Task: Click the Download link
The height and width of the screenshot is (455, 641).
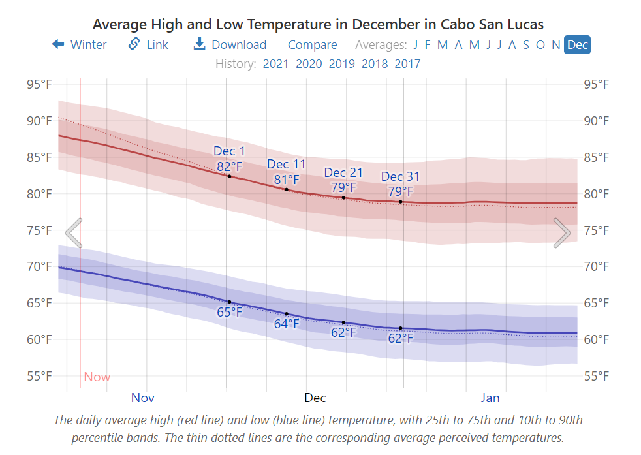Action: (230, 44)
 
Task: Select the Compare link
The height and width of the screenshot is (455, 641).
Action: (312, 44)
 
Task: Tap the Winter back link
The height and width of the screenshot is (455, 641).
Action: (79, 44)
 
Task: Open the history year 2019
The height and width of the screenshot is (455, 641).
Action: (341, 63)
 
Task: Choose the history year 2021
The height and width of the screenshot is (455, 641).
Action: (275, 63)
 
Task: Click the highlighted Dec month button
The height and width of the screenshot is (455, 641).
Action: (577, 44)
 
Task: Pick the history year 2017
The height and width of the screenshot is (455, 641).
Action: (407, 63)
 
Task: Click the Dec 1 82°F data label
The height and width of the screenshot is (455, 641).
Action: (229, 159)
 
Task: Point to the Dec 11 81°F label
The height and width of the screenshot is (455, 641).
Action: (286, 172)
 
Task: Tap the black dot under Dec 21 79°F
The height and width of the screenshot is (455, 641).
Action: (344, 197)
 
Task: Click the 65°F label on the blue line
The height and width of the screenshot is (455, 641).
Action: (229, 312)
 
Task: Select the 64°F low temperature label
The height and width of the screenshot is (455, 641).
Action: (286, 324)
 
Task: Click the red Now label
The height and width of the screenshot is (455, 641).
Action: (97, 377)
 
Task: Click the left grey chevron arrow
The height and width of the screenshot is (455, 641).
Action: (74, 233)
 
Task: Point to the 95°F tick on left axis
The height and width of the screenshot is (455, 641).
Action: (39, 84)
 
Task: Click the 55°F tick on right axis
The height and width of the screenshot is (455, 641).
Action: (597, 375)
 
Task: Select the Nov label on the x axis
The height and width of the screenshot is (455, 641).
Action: (142, 398)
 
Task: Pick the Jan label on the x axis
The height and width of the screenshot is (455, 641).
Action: (490, 398)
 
